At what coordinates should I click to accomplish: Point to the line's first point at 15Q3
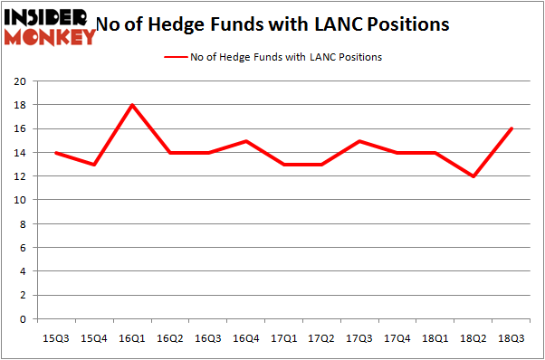[x=56, y=153]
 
